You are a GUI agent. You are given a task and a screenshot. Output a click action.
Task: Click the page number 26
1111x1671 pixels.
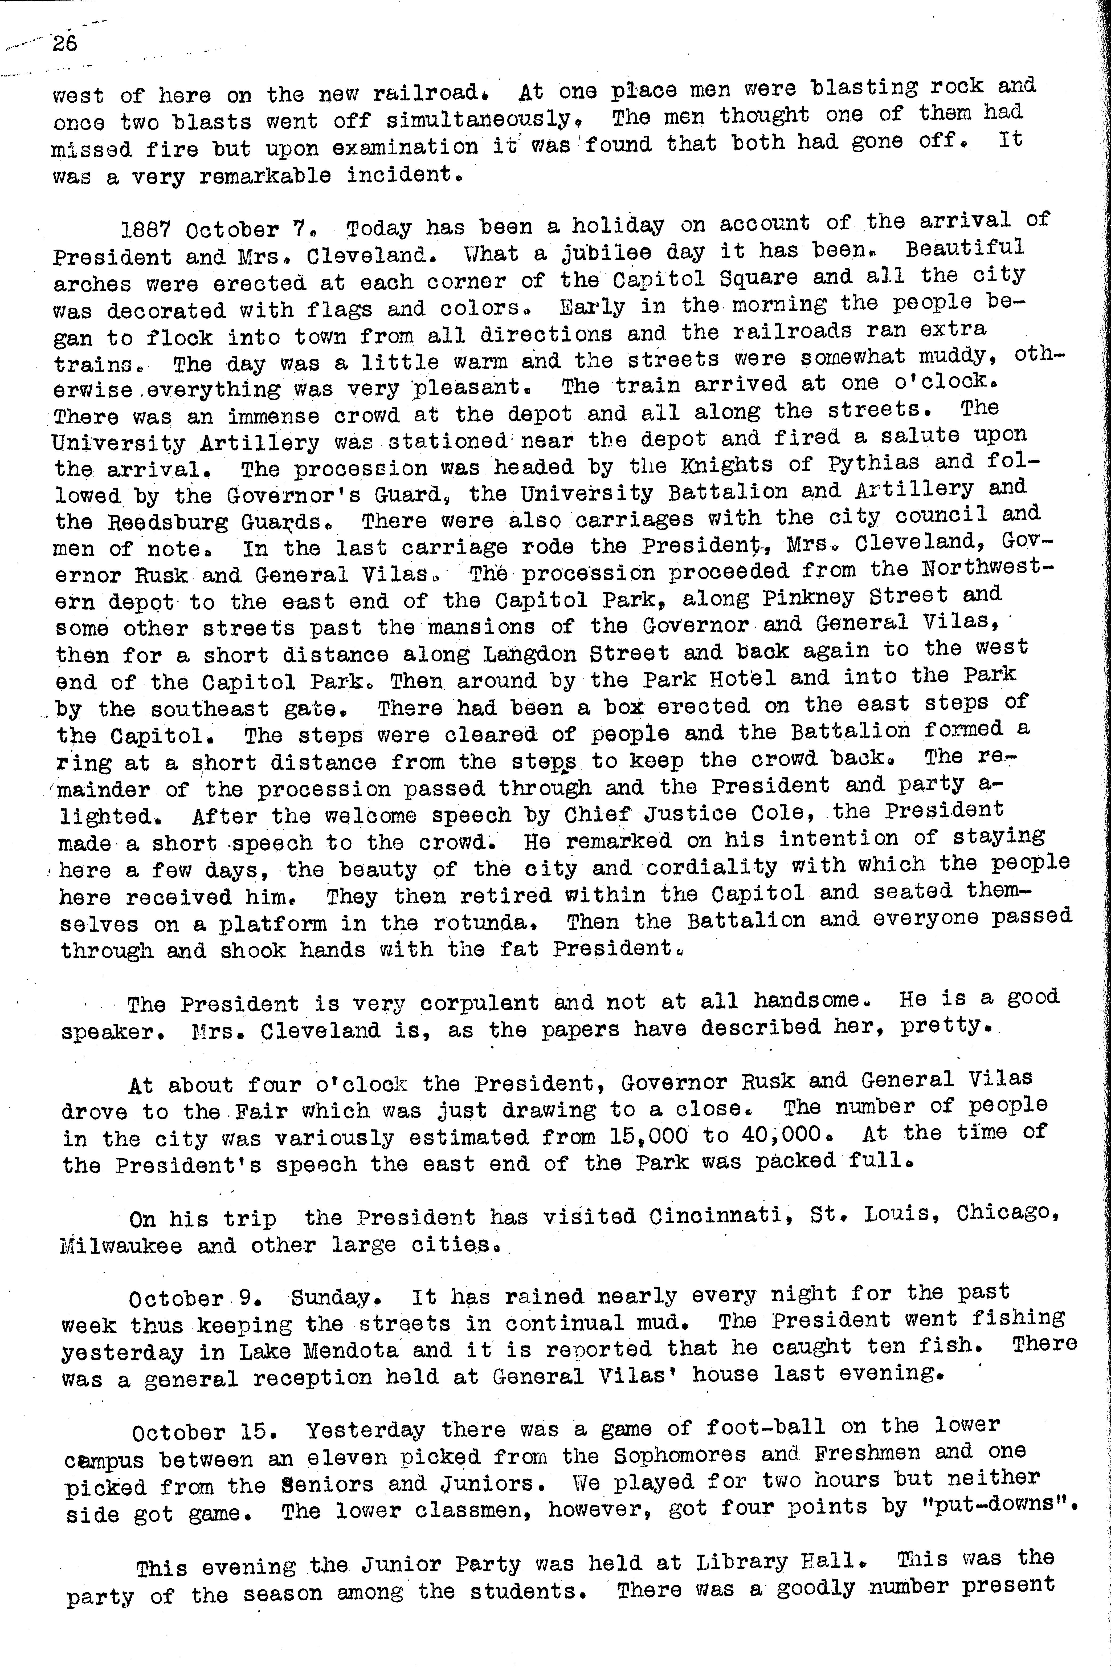64,44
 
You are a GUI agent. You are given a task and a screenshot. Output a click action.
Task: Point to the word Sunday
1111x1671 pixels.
338,1298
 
